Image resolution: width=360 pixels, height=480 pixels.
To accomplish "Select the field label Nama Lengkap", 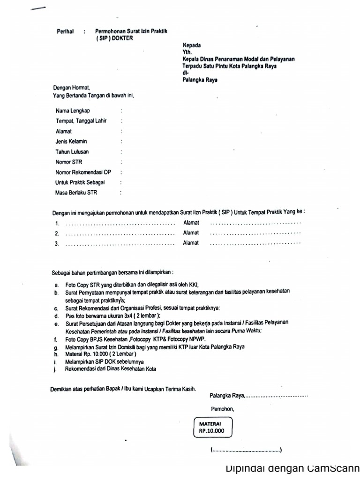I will (x=73, y=111).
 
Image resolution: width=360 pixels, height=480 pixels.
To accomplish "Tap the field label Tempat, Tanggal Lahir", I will (x=81, y=121).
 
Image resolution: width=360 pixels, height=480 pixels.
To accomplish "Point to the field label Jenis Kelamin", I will (x=71, y=141).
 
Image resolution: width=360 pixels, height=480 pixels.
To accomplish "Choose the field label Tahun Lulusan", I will (x=72, y=151).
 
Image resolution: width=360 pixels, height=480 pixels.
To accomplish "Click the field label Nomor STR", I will (x=69, y=162).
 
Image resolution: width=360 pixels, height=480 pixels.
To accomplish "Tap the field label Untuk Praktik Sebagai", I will (x=80, y=182).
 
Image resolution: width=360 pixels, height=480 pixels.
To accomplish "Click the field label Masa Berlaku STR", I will (x=77, y=192).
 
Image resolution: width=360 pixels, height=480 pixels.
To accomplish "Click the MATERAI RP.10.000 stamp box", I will (x=212, y=427).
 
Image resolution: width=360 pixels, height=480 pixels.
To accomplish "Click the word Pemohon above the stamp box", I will (x=222, y=408).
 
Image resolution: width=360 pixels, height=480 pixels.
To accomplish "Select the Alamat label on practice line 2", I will (x=191, y=232).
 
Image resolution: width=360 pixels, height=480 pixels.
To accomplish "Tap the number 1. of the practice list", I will (x=57, y=223).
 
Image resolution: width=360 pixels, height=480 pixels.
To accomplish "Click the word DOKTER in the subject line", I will (x=123, y=38).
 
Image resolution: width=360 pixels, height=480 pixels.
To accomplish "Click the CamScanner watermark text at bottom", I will (x=292, y=468).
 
